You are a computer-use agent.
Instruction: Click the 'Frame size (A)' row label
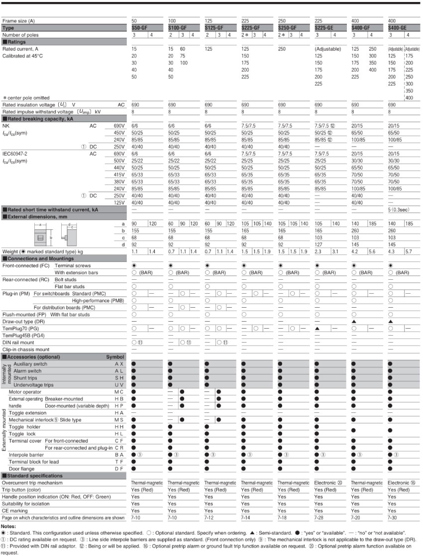[x=19, y=20]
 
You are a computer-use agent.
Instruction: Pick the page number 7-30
[x=393, y=518]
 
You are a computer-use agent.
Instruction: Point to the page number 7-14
[x=247, y=518]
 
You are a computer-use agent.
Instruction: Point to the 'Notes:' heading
[x=8, y=526]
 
